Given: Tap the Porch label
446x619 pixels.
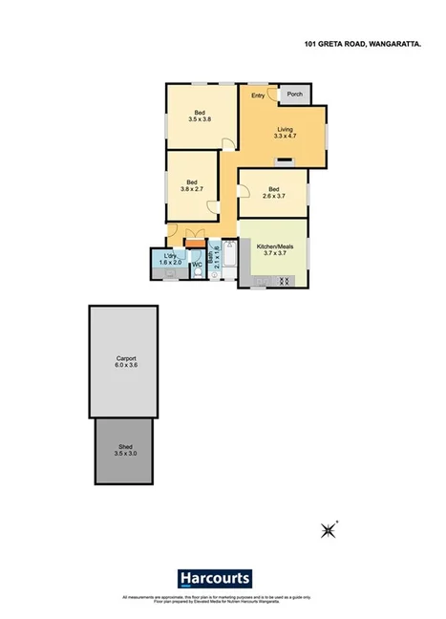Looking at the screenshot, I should click(x=295, y=94).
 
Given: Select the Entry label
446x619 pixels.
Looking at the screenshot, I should click(x=258, y=95).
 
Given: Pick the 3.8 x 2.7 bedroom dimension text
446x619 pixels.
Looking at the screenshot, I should click(x=192, y=189).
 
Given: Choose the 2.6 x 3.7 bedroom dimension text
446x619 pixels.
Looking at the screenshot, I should click(x=273, y=197).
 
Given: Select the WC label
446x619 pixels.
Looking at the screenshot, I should click(x=197, y=265).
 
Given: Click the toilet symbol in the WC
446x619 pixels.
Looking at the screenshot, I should click(x=196, y=272).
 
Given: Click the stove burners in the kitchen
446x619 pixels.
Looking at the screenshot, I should click(x=284, y=280).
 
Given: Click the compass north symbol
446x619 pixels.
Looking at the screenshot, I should click(x=331, y=528).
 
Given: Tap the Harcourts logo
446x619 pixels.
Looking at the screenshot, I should click(x=215, y=578).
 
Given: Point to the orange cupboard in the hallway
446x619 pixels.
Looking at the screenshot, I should click(x=195, y=245).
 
